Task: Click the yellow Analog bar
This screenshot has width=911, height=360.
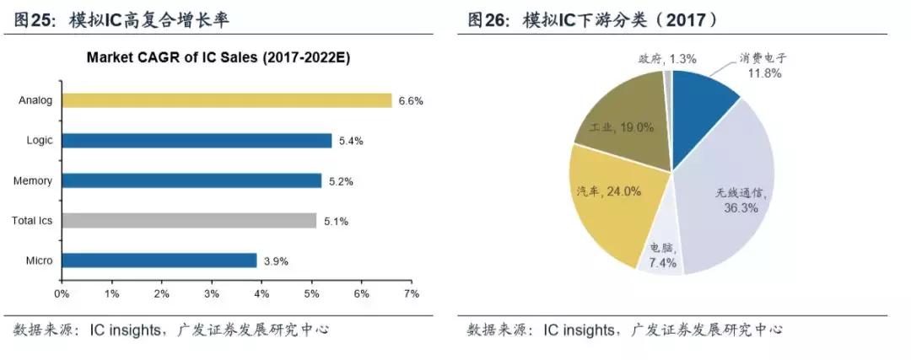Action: [x=226, y=100]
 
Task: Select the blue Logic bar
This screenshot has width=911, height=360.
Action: [x=196, y=141]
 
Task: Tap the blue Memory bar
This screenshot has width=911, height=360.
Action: [x=191, y=180]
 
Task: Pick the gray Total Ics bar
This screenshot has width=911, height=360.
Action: [x=189, y=221]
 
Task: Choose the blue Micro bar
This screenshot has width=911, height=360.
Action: [x=159, y=261]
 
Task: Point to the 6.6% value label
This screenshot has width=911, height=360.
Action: [x=411, y=101]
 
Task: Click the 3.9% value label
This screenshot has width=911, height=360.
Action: [x=276, y=261]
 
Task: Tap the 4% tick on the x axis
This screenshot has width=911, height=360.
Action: [x=261, y=293]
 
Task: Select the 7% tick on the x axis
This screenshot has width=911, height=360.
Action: [x=412, y=293]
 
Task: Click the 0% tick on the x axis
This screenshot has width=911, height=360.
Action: [x=62, y=293]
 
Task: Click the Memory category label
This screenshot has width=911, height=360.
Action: [x=33, y=180]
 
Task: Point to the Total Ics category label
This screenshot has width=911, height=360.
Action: [x=32, y=221]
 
